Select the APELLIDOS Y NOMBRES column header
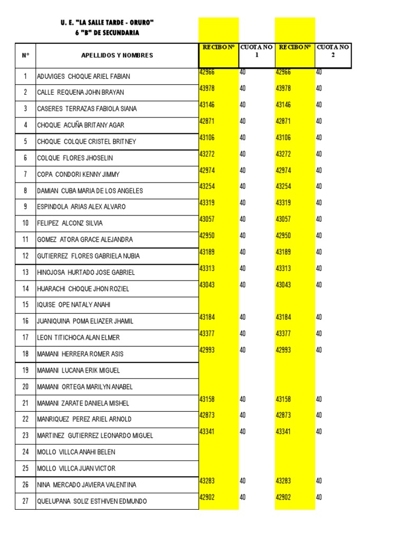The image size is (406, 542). pyautogui.click(x=117, y=56)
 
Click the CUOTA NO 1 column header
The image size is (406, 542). pyautogui.click(x=256, y=51)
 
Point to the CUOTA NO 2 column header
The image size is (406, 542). pyautogui.click(x=333, y=51)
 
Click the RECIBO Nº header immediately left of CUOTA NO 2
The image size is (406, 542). pyautogui.click(x=294, y=47)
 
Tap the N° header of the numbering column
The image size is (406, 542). pyautogui.click(x=25, y=56)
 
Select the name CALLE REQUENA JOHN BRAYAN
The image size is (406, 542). pyautogui.click(x=80, y=93)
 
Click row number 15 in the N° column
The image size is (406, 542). pyautogui.click(x=25, y=305)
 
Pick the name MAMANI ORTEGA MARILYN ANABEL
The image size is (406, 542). pyautogui.click(x=85, y=387)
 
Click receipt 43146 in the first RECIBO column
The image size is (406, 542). pyautogui.click(x=207, y=105)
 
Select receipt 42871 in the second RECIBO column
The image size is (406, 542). pyautogui.click(x=283, y=121)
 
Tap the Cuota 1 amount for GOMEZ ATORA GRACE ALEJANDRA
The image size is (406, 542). pyautogui.click(x=243, y=236)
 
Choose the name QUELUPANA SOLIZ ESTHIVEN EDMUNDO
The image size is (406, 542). pyautogui.click(x=92, y=501)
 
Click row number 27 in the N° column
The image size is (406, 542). pyautogui.click(x=25, y=501)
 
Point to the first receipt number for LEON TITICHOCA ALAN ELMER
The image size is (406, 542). pyautogui.click(x=207, y=333)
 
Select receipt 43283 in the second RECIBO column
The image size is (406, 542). pyautogui.click(x=283, y=481)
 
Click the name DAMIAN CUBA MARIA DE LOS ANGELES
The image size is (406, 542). pyautogui.click(x=90, y=191)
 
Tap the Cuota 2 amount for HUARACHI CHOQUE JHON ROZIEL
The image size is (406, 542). pyautogui.click(x=319, y=285)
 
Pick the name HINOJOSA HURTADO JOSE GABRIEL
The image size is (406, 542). pyautogui.click(x=86, y=273)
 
